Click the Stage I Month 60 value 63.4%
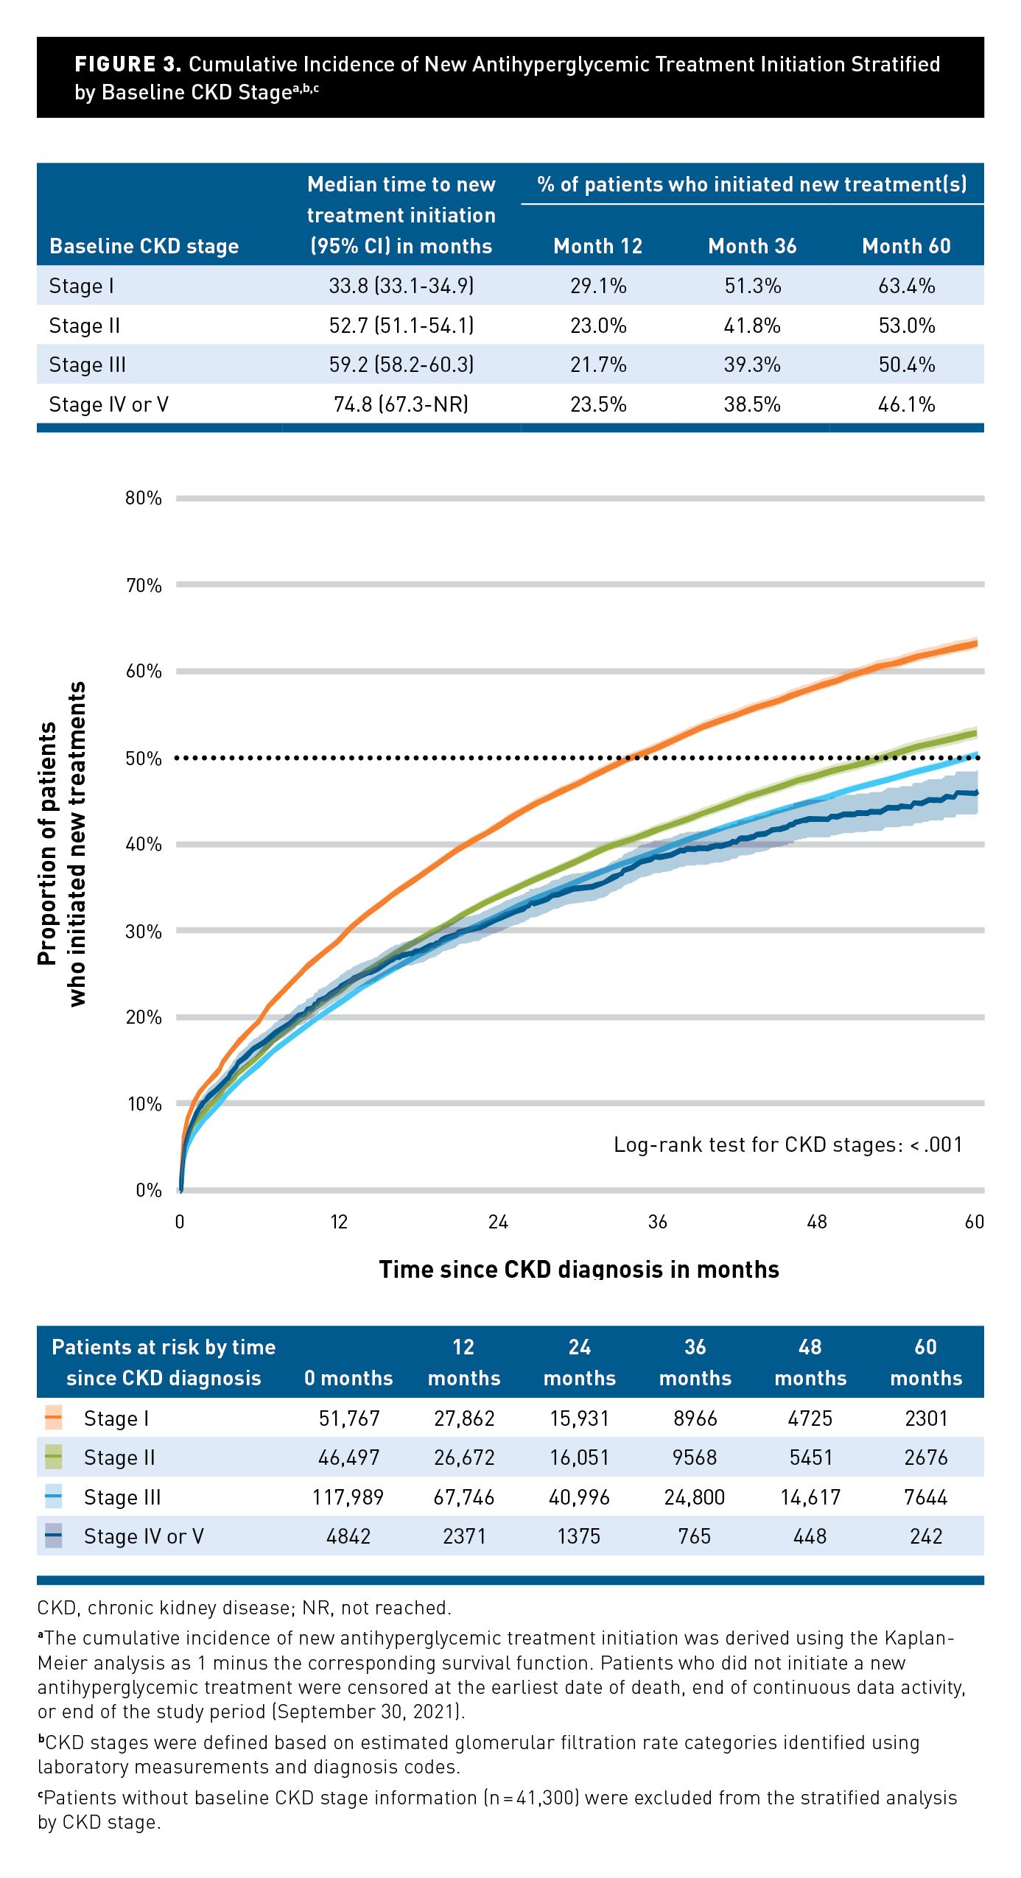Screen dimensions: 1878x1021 coord(906,286)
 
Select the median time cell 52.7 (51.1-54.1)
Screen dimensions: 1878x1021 coord(401,326)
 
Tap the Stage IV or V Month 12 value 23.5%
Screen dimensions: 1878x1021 coord(598,404)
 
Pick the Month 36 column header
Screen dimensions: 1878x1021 coord(752,246)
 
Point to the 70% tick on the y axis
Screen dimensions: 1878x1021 coord(144,585)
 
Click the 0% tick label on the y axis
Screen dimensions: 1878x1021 coord(149,1190)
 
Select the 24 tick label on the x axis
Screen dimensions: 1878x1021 coord(498,1222)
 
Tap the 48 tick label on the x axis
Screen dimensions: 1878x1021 coord(817,1222)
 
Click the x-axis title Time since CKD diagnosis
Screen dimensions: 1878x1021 coord(579,1269)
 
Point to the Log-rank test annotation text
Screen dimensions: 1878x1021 coord(787,1144)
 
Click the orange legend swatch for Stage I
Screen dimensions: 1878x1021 coord(53,1418)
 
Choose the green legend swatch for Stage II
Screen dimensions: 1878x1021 coord(53,1457)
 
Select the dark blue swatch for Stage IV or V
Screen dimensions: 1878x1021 coord(53,1536)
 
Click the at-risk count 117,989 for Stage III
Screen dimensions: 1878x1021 coord(348,1497)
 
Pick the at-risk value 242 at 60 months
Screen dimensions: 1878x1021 coord(926,1536)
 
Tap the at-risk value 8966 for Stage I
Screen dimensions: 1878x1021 coord(695,1418)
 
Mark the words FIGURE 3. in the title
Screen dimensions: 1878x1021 coord(127,65)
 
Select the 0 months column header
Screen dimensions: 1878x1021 coord(348,1378)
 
